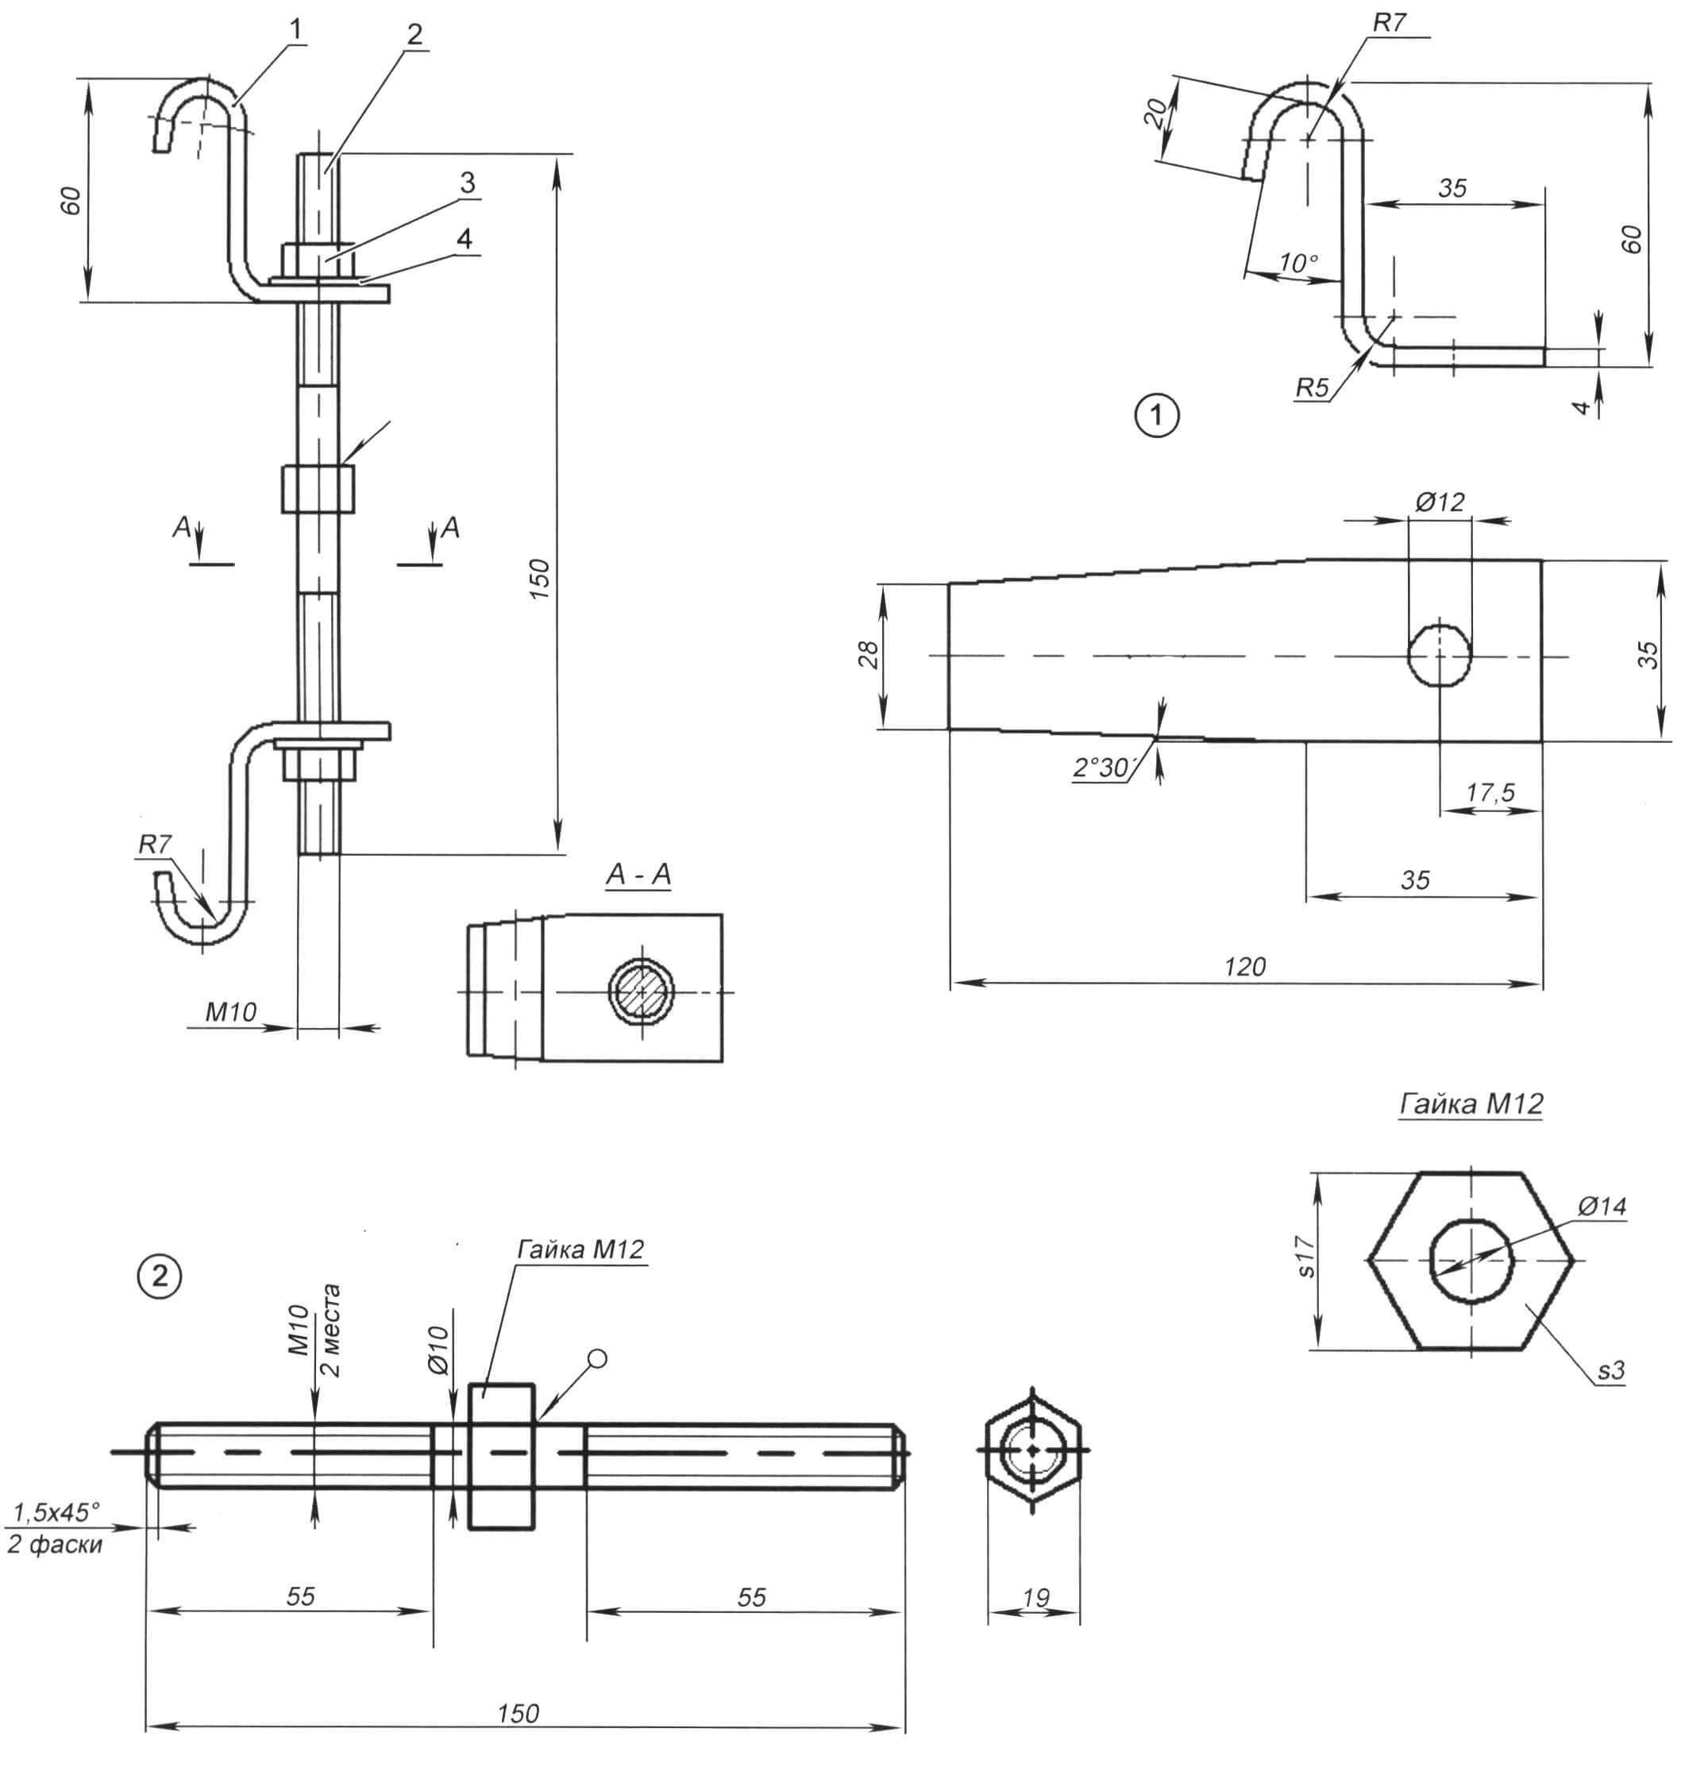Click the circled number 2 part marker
coord(160,1276)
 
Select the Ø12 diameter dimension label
coord(1440,501)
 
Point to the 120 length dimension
coord(1244,966)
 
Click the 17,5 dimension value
coord(1490,792)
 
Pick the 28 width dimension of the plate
coord(869,655)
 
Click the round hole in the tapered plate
coord(1440,656)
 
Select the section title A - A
coord(638,875)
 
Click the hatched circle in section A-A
coord(642,991)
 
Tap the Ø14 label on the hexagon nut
coord(1602,1206)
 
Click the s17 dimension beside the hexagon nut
coord(1307,1257)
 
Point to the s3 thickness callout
coord(1611,1370)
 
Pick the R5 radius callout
coord(1311,388)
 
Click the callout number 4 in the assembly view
coord(465,239)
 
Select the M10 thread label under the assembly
coord(231,1012)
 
